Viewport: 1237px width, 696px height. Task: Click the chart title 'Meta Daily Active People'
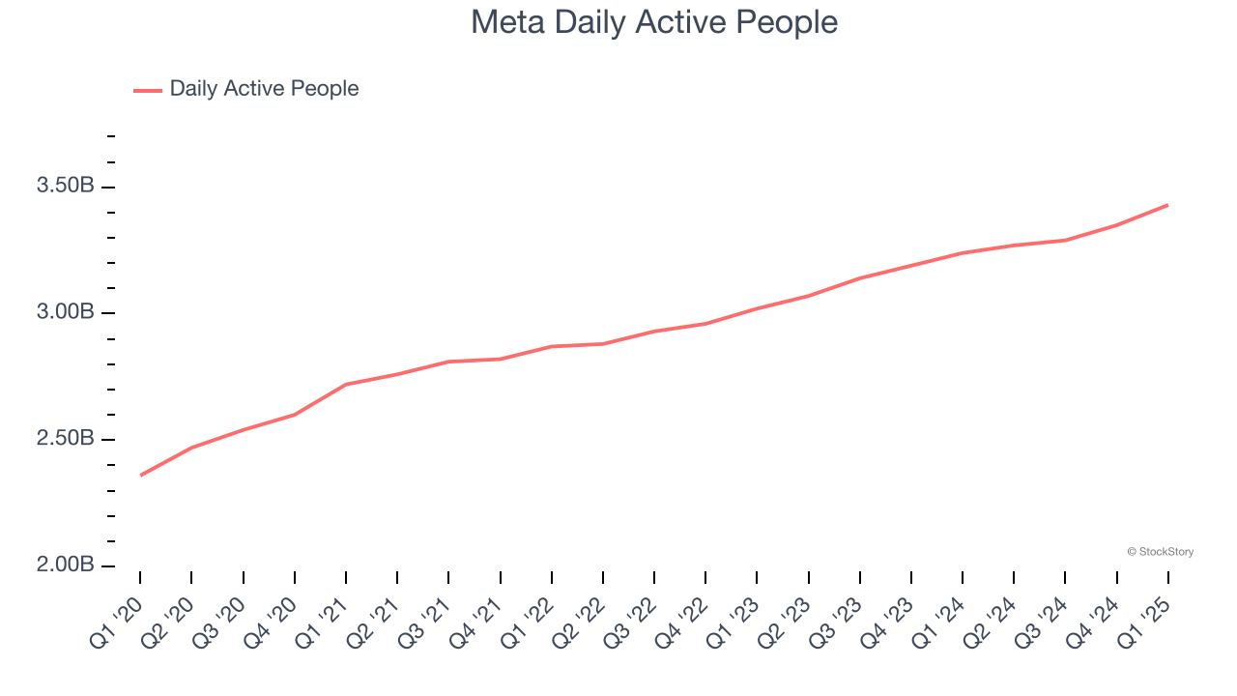pyautogui.click(x=654, y=22)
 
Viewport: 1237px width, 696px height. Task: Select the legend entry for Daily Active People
pyautogui.click(x=264, y=89)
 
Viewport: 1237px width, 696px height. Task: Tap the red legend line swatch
pyautogui.click(x=148, y=90)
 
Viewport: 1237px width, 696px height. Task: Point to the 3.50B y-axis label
pyautogui.click(x=66, y=187)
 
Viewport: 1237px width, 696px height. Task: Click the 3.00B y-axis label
pyautogui.click(x=66, y=313)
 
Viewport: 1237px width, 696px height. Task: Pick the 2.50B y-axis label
pyautogui.click(x=66, y=440)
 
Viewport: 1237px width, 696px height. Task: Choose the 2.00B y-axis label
pyautogui.click(x=66, y=565)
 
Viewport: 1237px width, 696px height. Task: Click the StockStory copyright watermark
pyautogui.click(x=1160, y=552)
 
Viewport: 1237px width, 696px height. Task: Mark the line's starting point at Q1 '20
pyautogui.click(x=140, y=476)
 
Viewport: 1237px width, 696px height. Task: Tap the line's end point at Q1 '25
pyautogui.click(x=1167, y=205)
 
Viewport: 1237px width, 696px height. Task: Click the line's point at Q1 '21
pyautogui.click(x=346, y=385)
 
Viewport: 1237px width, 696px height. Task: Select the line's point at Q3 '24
pyautogui.click(x=1065, y=240)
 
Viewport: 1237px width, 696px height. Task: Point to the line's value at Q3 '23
pyautogui.click(x=859, y=278)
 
